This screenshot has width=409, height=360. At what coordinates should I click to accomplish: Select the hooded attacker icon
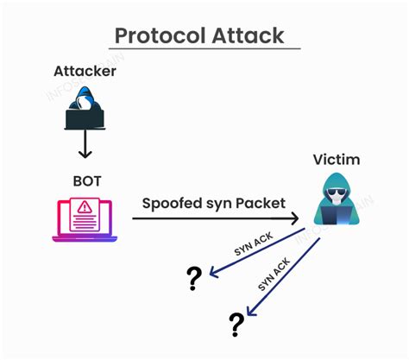tap(84, 109)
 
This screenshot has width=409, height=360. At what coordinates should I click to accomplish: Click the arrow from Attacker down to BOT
tap(84, 145)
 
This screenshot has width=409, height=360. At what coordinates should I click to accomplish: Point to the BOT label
tap(85, 182)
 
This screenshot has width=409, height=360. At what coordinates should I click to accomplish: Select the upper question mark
tap(194, 278)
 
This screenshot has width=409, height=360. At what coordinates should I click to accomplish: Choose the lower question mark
tap(236, 325)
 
